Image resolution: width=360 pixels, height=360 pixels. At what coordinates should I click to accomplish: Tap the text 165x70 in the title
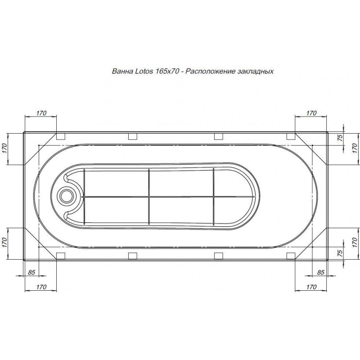point(167,71)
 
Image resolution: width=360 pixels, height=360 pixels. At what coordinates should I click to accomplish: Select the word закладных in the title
point(256,72)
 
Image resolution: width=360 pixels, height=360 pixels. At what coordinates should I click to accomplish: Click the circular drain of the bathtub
point(67,197)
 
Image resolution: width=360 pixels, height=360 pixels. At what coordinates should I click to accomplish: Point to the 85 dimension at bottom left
point(31,272)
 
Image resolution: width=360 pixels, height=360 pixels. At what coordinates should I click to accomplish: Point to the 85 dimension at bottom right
point(320,272)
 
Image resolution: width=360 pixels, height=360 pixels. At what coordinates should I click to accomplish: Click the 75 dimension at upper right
point(340,138)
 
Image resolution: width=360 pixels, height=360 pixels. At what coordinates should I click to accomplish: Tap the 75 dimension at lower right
point(340,252)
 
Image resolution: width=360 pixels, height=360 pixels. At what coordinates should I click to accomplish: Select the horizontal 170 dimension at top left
point(41,113)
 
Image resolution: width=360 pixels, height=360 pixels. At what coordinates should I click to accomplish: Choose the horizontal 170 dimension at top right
point(311,113)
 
